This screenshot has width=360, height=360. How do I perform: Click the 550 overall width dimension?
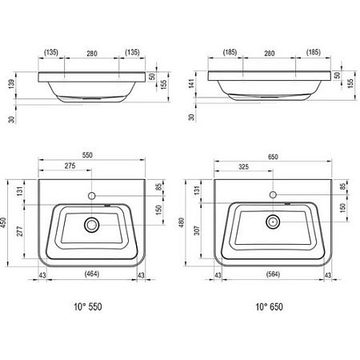point(87,155)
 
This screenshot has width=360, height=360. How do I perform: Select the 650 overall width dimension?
point(273,157)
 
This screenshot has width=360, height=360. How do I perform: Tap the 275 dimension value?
point(70,166)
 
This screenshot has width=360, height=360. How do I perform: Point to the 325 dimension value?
point(243,167)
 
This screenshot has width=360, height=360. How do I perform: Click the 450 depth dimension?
point(3,222)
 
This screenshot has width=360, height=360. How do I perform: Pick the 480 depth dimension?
point(182,222)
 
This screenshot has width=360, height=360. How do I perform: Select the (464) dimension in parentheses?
point(92,274)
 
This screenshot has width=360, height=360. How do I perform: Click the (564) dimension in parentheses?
point(273,274)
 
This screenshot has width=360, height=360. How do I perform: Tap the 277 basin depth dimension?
point(20,231)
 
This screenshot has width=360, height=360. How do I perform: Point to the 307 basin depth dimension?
point(197,230)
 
